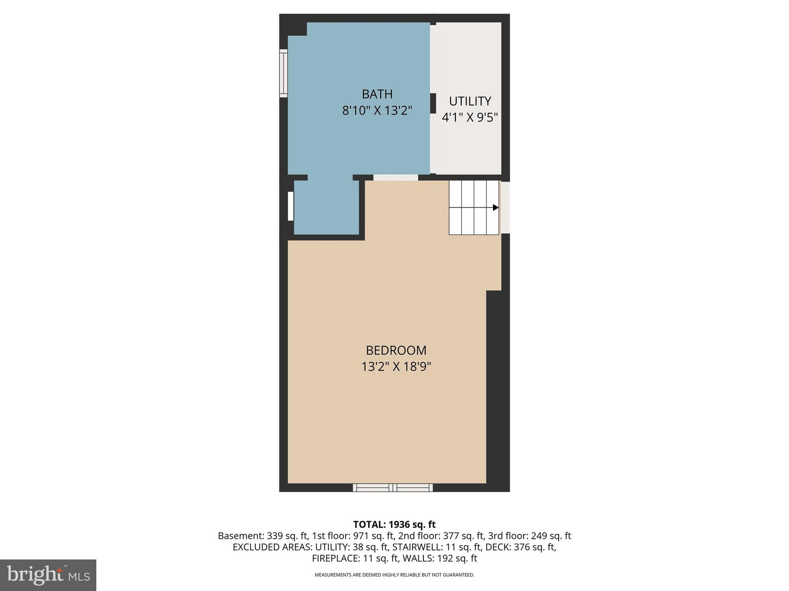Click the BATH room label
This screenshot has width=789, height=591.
click(x=377, y=94)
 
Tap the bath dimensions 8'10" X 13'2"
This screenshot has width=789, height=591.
click(x=377, y=111)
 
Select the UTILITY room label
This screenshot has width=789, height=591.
click(x=470, y=101)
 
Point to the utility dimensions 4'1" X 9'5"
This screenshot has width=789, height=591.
click(x=470, y=117)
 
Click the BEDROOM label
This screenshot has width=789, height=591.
click(x=396, y=350)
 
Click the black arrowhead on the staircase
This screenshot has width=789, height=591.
click(x=496, y=207)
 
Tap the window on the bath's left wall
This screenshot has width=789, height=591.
click(x=284, y=73)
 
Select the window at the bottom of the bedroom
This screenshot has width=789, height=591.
click(x=393, y=487)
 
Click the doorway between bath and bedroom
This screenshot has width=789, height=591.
click(x=396, y=178)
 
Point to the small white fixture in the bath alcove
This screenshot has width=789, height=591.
click(x=291, y=206)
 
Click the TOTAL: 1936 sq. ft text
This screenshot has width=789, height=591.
click(x=394, y=524)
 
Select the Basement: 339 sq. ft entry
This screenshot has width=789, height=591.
click(x=263, y=536)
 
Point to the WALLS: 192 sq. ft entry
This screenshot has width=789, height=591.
click(x=440, y=558)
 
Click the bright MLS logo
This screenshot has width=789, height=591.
click(x=48, y=575)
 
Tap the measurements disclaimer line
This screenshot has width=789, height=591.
click(x=394, y=575)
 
